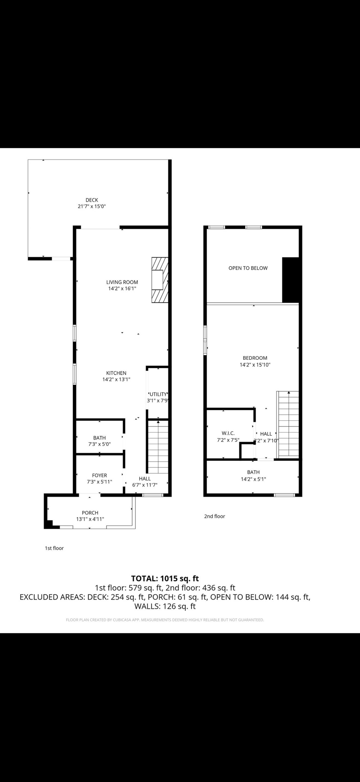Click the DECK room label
coord(92,200)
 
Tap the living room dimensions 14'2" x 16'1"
coord(122,288)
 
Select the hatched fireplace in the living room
coord(160,280)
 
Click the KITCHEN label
coord(116,373)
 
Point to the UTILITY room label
coord(158,394)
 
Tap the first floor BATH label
coord(100,438)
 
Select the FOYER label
coord(100,476)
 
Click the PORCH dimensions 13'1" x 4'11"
coord(90,519)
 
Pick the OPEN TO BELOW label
coord(248,268)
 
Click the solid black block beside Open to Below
coord(290,280)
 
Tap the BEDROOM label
coord(255,358)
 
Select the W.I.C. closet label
coord(228,433)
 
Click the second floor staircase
coord(288,424)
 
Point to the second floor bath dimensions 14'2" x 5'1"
coord(253,479)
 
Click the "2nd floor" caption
coord(215,516)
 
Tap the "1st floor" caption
coord(54,548)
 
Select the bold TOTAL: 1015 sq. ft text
coord(165,578)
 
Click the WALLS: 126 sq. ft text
coord(165,606)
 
